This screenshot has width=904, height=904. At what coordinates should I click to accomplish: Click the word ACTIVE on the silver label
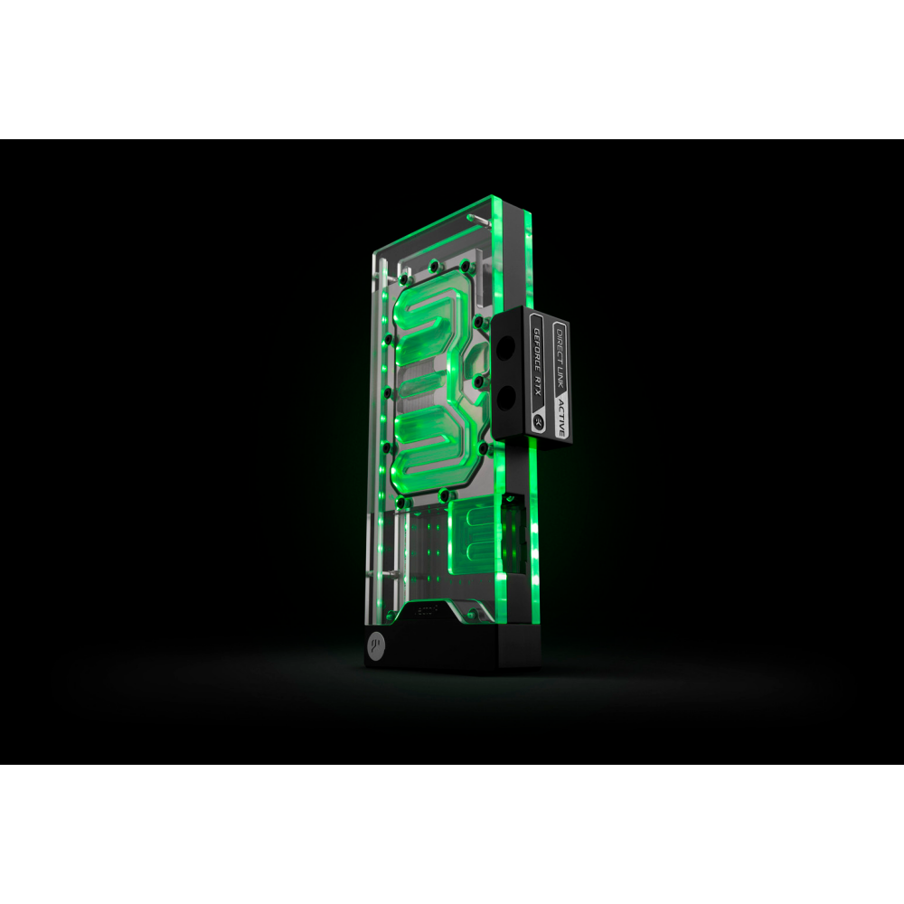[x=560, y=416]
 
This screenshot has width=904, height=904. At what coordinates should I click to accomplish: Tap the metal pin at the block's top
[x=472, y=218]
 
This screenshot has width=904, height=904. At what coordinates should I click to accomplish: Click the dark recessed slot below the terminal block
[x=512, y=497]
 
